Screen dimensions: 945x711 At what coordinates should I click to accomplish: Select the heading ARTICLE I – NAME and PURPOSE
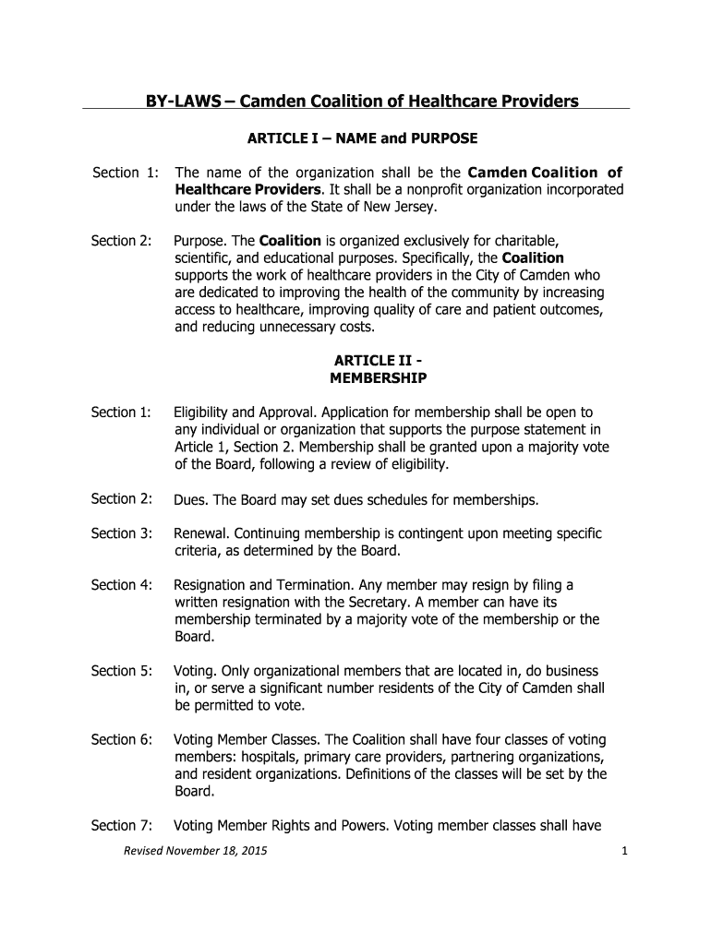click(x=362, y=139)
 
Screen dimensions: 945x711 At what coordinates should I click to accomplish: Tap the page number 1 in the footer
click(x=624, y=851)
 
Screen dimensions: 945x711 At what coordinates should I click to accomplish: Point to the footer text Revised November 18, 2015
click(x=196, y=851)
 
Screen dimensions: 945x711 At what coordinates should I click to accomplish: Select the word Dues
click(x=191, y=500)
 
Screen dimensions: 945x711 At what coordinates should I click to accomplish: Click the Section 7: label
click(x=120, y=826)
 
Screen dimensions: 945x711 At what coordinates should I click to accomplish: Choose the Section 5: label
click(x=120, y=671)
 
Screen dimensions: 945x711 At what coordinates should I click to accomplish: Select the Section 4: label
click(x=120, y=585)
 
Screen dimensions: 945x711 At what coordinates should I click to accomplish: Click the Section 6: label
click(x=120, y=740)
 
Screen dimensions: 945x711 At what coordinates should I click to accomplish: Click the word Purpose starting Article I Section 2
click(x=200, y=241)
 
